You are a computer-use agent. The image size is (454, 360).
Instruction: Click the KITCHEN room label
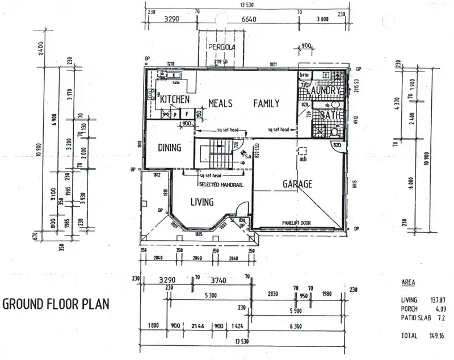(x=174, y=99)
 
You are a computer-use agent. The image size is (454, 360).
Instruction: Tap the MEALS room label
(x=222, y=103)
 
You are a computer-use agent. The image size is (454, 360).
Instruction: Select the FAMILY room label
(x=266, y=103)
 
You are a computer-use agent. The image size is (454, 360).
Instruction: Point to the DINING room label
(x=169, y=148)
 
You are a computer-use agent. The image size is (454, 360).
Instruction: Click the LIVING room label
(x=201, y=202)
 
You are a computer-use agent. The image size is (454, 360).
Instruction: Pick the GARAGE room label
(x=298, y=184)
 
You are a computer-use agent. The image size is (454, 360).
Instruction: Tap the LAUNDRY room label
(x=323, y=90)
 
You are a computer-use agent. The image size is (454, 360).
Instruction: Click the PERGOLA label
(x=221, y=47)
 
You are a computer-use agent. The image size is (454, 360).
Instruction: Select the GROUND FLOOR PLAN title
(x=56, y=303)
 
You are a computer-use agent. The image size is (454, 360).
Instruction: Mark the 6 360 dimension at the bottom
(x=299, y=326)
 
